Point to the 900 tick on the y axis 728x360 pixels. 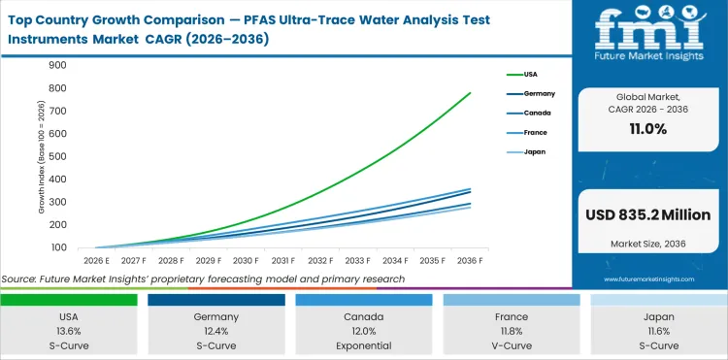pos(56,65)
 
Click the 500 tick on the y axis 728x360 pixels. pos(56,156)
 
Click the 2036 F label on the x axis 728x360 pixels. pos(471,261)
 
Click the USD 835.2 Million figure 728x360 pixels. pos(647,214)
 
